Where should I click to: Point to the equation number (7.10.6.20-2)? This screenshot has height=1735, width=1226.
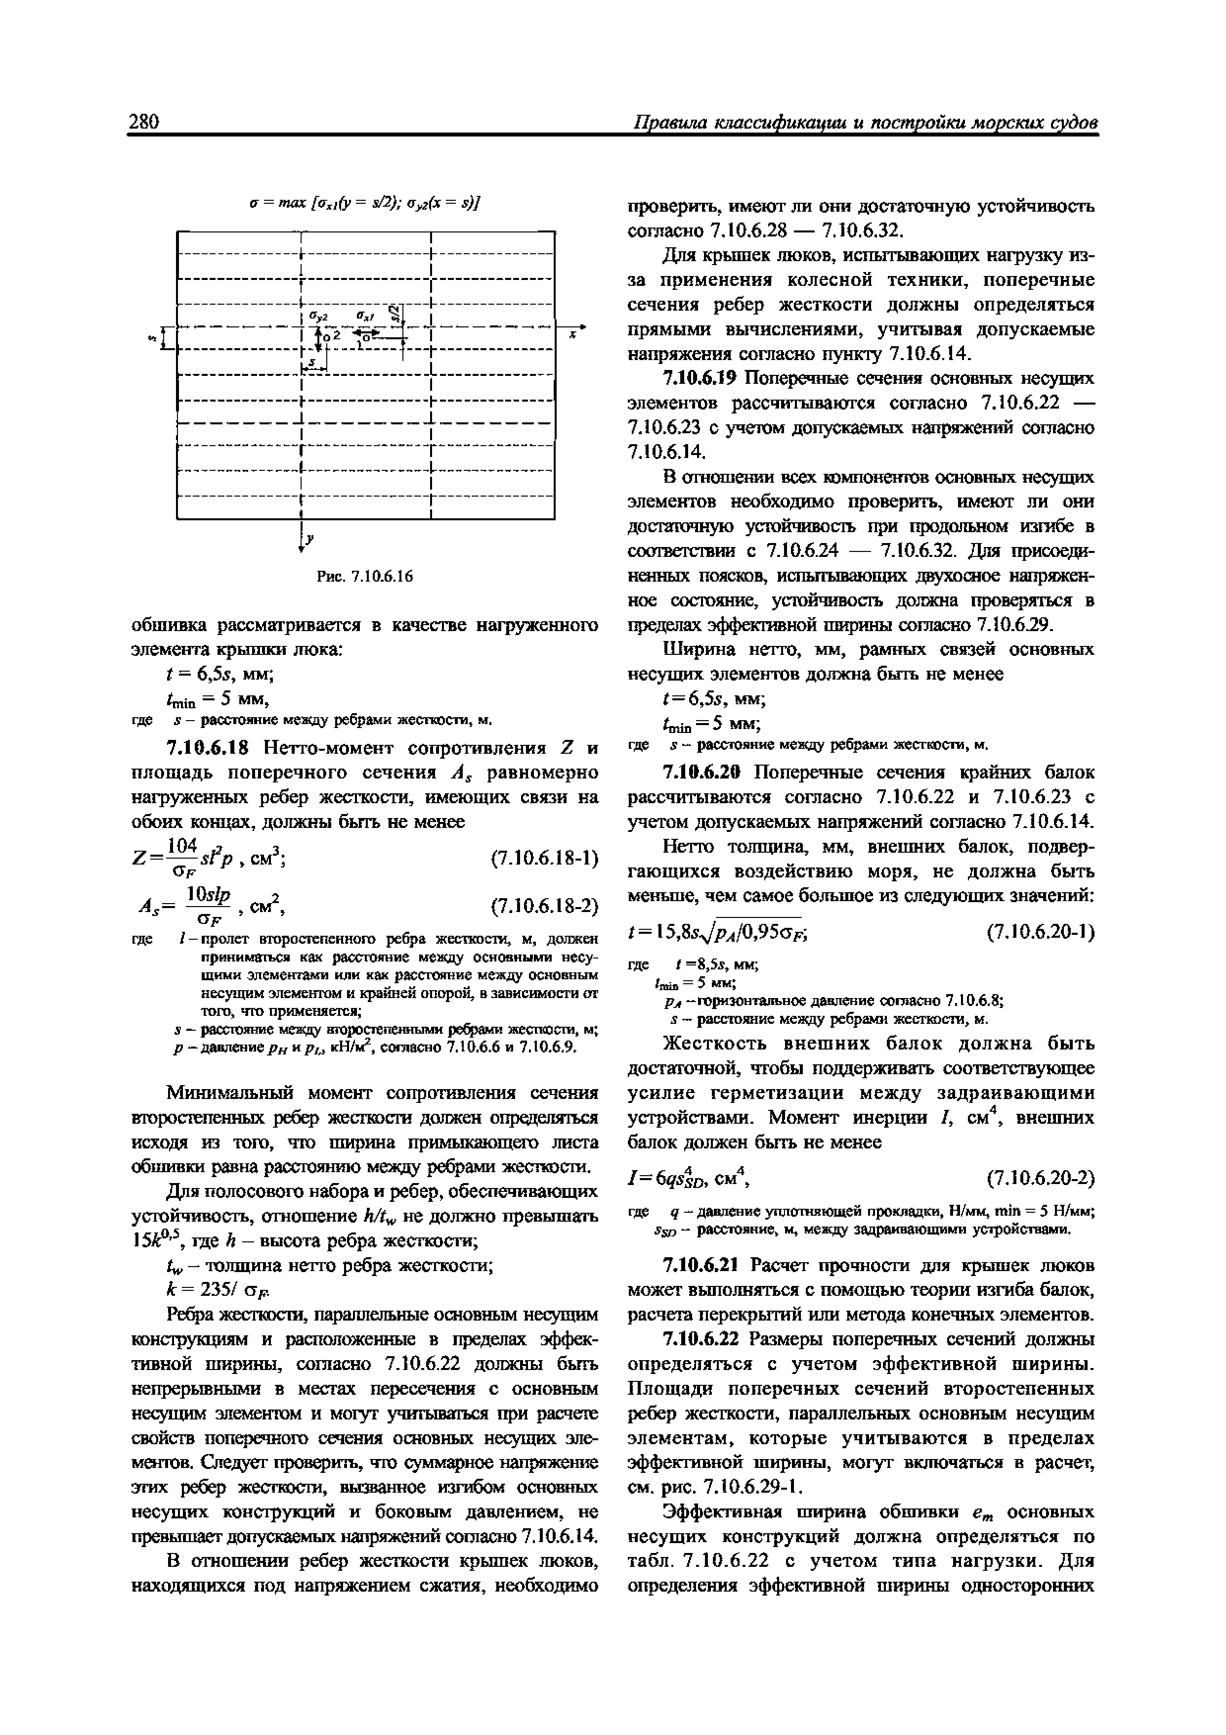1040,1178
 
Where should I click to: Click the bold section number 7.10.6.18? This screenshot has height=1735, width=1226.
212,748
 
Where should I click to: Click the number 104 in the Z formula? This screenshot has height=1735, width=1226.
183,845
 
